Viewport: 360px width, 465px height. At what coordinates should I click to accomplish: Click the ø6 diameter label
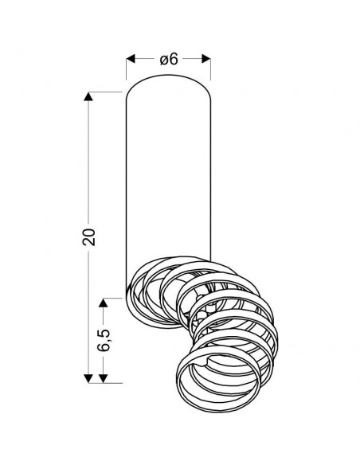(x=169, y=59)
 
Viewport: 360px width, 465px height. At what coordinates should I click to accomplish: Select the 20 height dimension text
(x=88, y=236)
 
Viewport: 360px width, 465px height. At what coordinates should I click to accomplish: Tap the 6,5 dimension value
(x=104, y=340)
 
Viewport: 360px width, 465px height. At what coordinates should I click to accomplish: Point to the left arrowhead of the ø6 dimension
(x=131, y=59)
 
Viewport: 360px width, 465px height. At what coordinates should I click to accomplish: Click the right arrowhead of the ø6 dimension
(x=206, y=59)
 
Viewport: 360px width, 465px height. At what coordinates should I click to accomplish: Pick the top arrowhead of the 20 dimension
(x=88, y=96)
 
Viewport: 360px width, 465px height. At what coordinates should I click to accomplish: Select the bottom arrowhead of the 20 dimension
(x=88, y=378)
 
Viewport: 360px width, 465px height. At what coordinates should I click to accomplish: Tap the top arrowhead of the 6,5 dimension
(x=103, y=303)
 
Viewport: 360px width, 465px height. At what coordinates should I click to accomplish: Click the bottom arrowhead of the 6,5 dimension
(x=103, y=378)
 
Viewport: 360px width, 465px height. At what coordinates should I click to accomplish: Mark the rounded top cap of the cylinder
(x=168, y=75)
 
